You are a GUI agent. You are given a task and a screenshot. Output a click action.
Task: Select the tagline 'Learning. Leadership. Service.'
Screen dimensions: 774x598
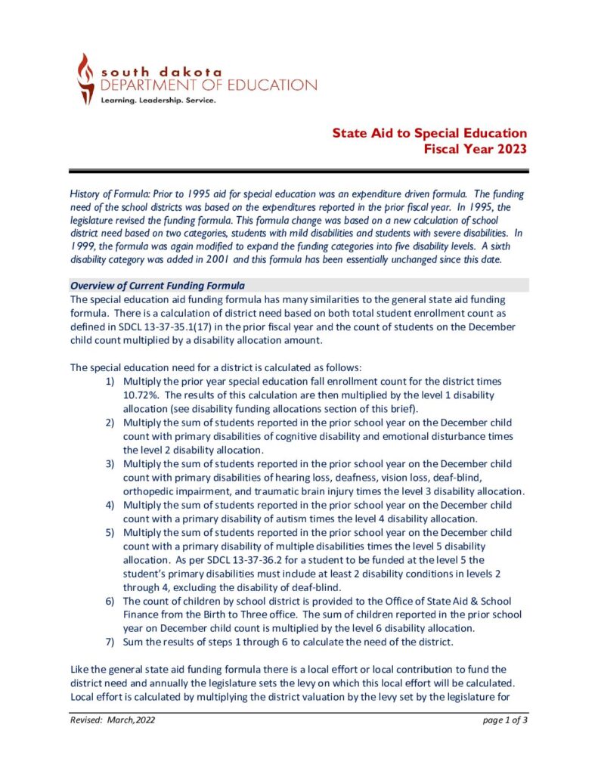(158, 100)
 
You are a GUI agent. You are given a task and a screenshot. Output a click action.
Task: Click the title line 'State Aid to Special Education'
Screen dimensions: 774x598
(429, 134)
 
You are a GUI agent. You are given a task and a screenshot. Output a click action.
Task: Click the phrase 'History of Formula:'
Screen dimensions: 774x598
(104, 194)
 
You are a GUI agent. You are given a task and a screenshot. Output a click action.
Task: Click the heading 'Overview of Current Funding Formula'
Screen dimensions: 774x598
(156, 285)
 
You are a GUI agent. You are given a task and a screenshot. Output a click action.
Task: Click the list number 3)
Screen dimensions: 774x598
(110, 463)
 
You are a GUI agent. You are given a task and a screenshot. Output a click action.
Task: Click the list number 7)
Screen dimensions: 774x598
(110, 642)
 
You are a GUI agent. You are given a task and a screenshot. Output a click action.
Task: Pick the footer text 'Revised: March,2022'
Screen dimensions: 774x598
(113, 720)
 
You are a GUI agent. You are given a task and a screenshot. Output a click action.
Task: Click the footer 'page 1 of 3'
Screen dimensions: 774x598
(505, 720)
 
